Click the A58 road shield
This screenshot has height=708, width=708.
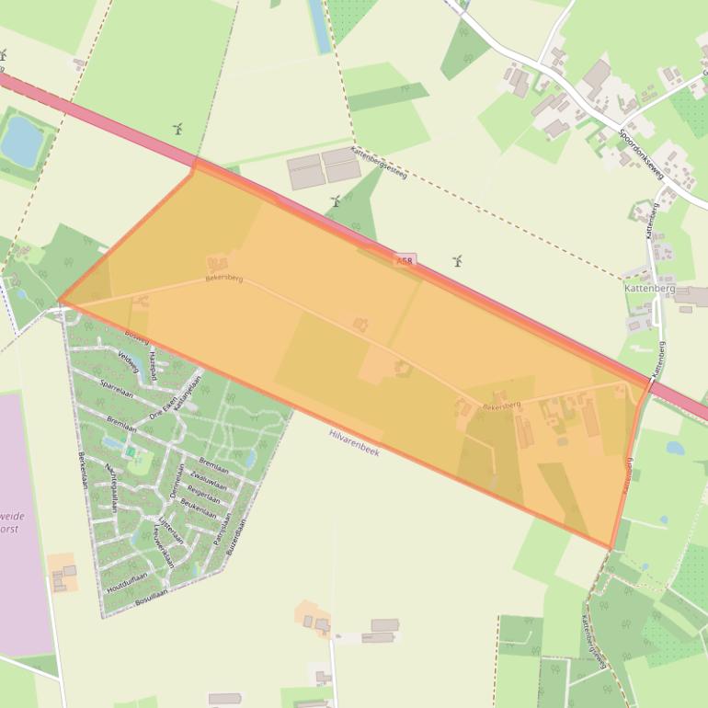405,261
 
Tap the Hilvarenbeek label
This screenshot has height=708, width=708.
354,441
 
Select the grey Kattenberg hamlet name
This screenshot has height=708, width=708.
649,289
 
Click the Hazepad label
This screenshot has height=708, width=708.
153,366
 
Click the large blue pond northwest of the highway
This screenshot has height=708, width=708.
22,139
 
